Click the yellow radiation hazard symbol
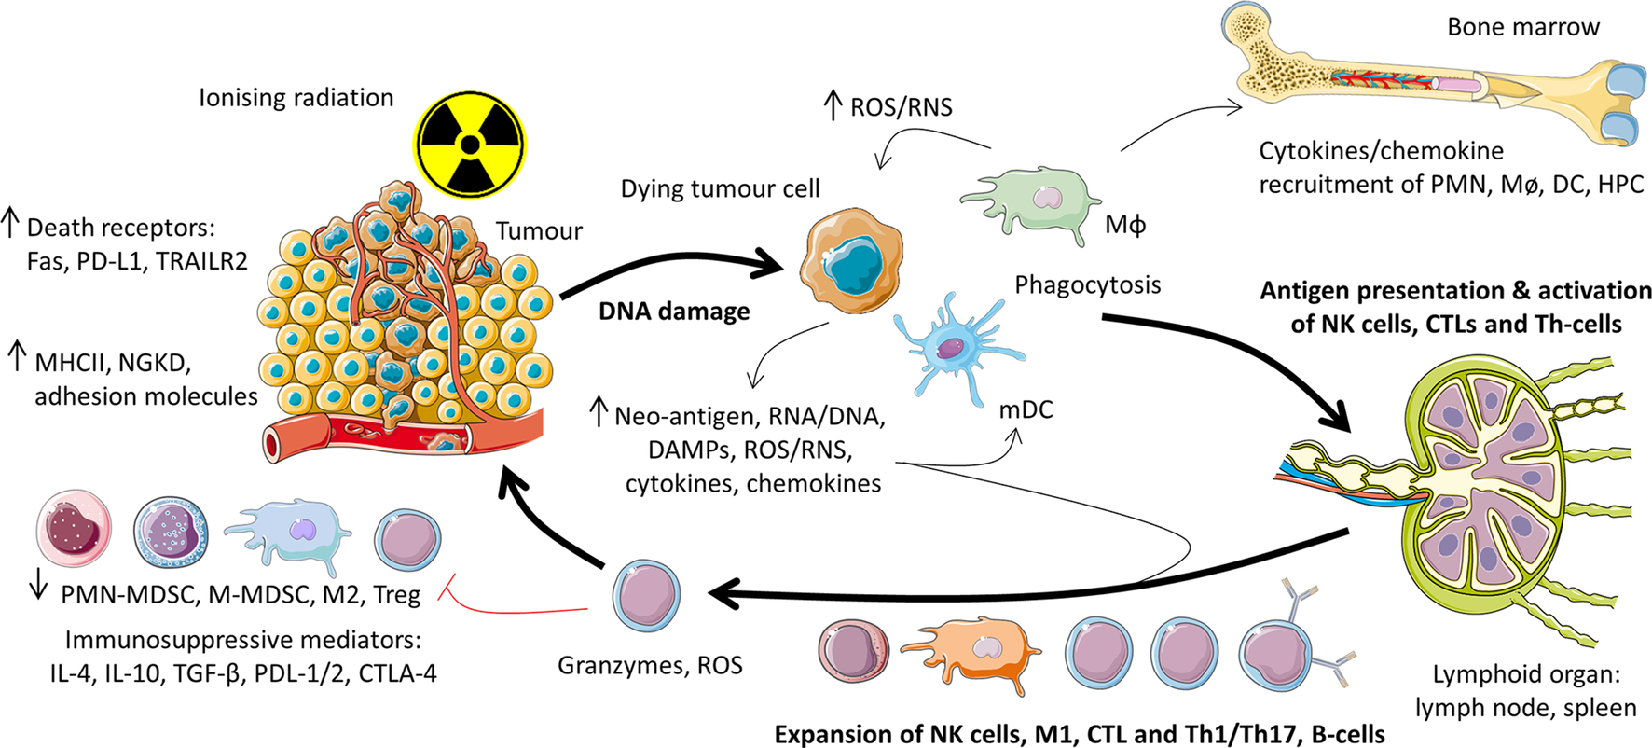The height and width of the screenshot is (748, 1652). (x=470, y=145)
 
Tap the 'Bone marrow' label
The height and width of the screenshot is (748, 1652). (x=1522, y=27)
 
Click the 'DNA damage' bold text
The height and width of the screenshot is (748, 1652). (x=673, y=312)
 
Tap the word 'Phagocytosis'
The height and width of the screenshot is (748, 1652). (x=1087, y=284)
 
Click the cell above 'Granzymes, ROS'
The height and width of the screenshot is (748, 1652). (x=646, y=596)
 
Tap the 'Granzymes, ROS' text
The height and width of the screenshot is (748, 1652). (x=650, y=666)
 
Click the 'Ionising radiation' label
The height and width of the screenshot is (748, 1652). (x=296, y=98)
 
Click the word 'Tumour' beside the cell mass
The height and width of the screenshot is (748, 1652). (x=538, y=231)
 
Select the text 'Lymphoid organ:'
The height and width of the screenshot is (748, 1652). (x=1525, y=674)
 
